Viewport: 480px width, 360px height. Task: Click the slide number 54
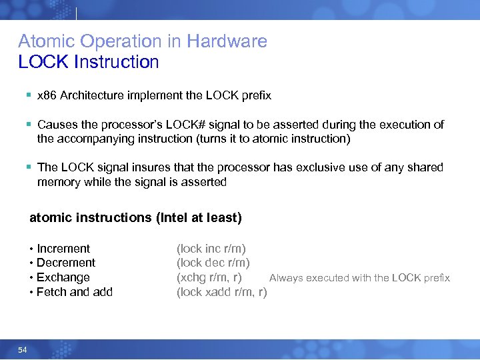[23, 349]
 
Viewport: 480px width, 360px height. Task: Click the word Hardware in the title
[227, 41]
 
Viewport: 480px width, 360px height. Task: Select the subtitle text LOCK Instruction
[89, 63]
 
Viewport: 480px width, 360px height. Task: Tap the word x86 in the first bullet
[47, 95]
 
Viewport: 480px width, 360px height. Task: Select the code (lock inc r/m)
[211, 249]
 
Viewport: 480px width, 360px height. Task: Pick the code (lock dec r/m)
[213, 263]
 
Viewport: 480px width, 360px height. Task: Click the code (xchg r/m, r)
[209, 277]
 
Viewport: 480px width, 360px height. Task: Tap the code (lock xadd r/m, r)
[221, 292]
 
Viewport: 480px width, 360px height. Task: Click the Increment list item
[63, 249]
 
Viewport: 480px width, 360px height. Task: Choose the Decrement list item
[66, 263]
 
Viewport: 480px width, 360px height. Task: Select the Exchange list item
[63, 277]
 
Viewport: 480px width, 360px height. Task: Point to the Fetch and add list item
[75, 292]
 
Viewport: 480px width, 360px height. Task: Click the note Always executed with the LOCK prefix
[359, 278]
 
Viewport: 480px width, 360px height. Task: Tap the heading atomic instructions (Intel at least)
[135, 218]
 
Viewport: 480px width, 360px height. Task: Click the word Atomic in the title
[44, 41]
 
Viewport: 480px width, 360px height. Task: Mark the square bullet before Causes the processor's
[28, 125]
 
